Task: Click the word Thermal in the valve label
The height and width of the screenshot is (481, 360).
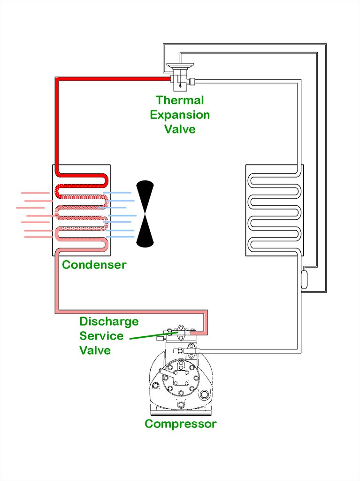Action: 180,100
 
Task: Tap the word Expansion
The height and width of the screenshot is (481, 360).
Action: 180,115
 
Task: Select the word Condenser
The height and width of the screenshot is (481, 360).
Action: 94,264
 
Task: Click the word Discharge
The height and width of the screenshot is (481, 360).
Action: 109,322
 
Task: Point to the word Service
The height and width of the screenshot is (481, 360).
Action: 101,336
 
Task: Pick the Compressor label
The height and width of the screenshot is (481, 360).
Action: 180,424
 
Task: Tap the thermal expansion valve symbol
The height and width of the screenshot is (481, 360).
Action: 179,76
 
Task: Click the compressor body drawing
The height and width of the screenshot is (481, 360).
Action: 181,380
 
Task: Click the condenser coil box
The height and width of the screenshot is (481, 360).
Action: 81,210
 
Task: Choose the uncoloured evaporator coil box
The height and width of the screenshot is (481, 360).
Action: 274,210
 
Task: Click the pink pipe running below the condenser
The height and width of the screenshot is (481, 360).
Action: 131,312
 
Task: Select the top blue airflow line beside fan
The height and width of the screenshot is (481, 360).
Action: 117,193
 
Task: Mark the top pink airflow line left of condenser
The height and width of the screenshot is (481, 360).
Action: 35,193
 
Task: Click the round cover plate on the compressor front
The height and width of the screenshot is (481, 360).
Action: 180,377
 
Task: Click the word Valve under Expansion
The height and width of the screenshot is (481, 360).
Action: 180,129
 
